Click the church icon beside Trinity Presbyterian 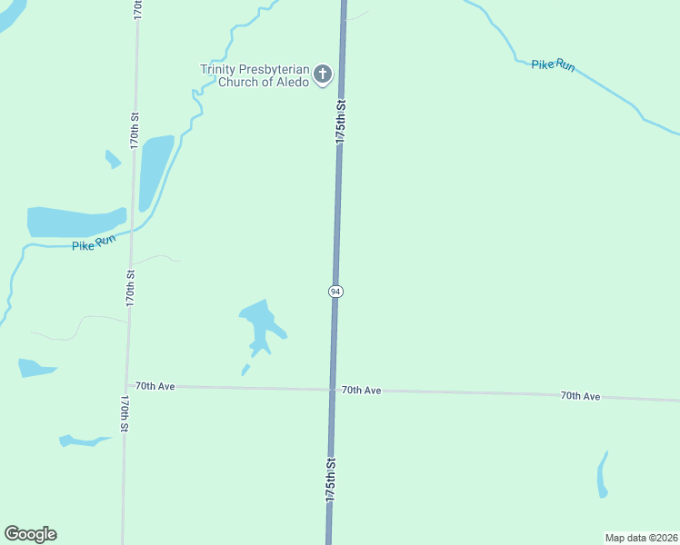(x=323, y=76)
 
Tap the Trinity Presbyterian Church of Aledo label (x=255, y=75)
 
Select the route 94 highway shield (x=335, y=291)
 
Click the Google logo (x=30, y=534)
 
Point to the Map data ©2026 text (x=641, y=538)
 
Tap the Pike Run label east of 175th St (x=553, y=65)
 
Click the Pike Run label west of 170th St (x=94, y=243)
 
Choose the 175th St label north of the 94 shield (x=341, y=121)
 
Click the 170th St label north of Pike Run (x=135, y=130)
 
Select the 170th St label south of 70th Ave (x=125, y=413)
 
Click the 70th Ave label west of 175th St (x=155, y=386)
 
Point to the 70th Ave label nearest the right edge (x=580, y=396)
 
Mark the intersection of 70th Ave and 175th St (x=333, y=390)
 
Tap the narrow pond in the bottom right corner (x=602, y=474)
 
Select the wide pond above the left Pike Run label (x=73, y=222)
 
